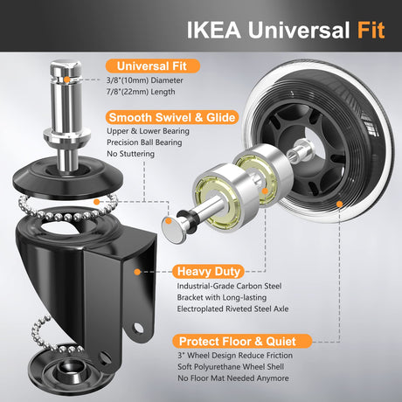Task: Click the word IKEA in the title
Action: click(x=214, y=30)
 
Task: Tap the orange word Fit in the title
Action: click(x=371, y=30)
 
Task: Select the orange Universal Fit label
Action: click(x=153, y=66)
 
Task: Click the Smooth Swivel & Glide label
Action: click(x=172, y=117)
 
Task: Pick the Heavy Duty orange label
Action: click(x=209, y=271)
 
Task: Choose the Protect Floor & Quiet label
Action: click(x=242, y=341)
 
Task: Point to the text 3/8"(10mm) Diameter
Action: click(x=145, y=80)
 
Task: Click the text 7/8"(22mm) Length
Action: click(x=141, y=92)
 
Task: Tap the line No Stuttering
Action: click(x=130, y=154)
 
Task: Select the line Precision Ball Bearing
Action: click(x=144, y=142)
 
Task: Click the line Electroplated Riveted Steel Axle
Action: click(x=232, y=308)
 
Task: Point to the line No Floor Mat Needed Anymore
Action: click(x=233, y=378)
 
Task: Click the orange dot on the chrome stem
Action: click(x=67, y=80)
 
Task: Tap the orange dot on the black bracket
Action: click(x=137, y=272)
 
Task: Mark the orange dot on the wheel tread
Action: click(x=339, y=204)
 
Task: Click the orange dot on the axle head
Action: click(x=169, y=221)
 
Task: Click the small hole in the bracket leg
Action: click(x=138, y=329)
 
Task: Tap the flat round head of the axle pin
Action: click(x=174, y=230)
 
